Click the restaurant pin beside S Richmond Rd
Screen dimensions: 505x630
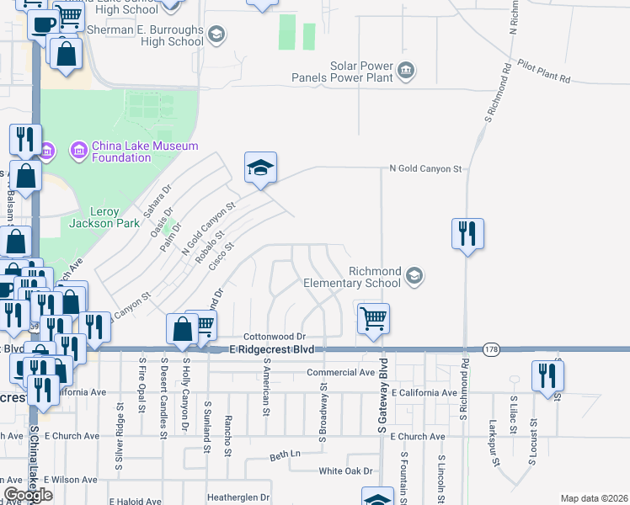click(467, 233)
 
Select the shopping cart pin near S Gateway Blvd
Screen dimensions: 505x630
click(373, 320)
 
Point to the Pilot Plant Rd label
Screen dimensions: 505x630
click(544, 72)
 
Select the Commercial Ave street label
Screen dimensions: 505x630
click(341, 372)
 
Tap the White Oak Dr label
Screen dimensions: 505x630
click(345, 471)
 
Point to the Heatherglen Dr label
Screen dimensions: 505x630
click(238, 497)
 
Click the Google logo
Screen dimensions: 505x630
click(27, 496)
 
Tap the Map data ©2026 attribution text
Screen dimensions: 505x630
click(594, 498)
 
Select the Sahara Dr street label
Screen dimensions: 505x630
click(157, 200)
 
